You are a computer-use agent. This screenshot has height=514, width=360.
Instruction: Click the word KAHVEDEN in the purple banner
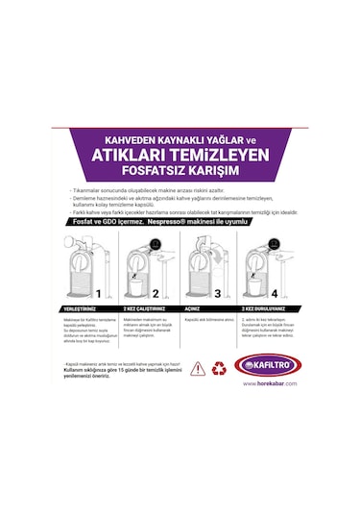(119, 137)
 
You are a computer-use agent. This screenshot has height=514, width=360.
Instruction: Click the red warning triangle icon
(197, 367)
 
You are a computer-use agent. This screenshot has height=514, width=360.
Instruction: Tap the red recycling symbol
(220, 367)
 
